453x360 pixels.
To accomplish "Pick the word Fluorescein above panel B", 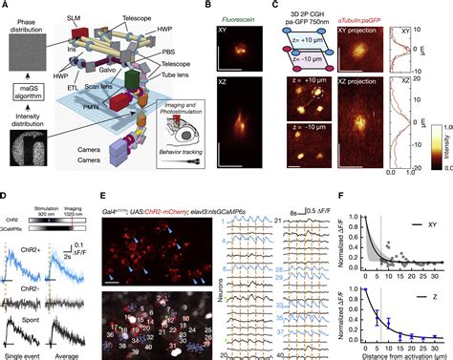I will [240, 18].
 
